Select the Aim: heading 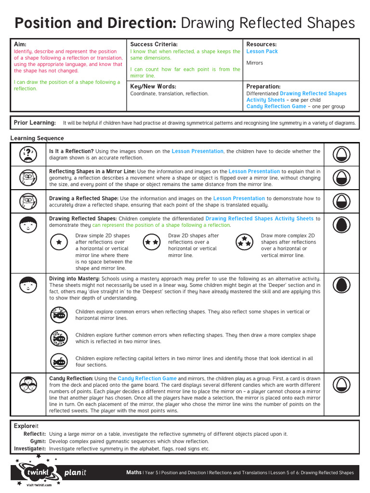pos(20,44)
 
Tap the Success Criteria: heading pos(154,44)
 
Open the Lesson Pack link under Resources pos(262,52)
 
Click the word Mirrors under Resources pos(254,63)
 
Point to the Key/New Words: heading pos(153,86)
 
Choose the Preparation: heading pos(263,86)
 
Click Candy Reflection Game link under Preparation pos(276,106)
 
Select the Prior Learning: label pos(35,123)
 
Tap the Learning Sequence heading pos(37,139)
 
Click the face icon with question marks pos(28,154)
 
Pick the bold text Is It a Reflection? pos(71,151)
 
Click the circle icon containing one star pos(59,242)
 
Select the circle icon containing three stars pos(245,242)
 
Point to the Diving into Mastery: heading pos(75,279)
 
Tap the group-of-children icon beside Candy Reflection pos(28,384)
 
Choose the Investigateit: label pos(30,449)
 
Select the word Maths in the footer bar pos(133,472)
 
